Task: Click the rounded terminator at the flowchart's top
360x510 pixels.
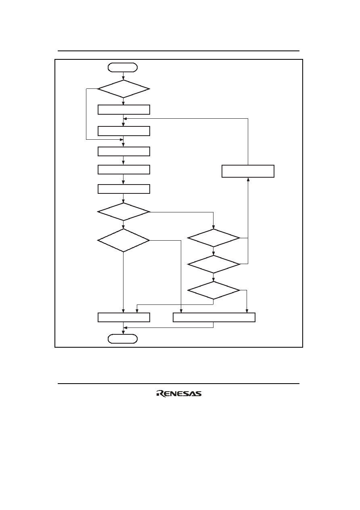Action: [123, 67]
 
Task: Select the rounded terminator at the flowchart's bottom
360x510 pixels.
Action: [123, 338]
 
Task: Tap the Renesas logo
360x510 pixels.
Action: [179, 393]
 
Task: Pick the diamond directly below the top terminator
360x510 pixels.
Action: [123, 89]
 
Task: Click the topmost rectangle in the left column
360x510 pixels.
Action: [124, 109]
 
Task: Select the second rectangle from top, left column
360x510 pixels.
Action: [124, 131]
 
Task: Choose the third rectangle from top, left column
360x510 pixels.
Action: [124, 151]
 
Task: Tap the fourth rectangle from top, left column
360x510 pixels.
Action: [124, 170]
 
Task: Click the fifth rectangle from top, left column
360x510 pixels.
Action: [124, 189]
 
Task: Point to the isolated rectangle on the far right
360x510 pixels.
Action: [248, 171]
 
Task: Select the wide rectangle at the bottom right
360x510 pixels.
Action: [214, 317]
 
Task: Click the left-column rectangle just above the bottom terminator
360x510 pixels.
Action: [124, 317]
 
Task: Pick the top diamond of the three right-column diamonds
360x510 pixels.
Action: [213, 238]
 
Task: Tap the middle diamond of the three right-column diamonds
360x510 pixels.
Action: [213, 264]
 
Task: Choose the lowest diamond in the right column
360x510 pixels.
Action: [213, 290]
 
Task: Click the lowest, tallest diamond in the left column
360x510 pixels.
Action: [123, 240]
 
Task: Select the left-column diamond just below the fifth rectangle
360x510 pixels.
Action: [123, 212]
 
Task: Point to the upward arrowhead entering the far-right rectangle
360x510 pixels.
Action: [248, 179]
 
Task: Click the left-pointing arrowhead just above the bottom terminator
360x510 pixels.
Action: [125, 327]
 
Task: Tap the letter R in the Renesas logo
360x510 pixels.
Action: [160, 394]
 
